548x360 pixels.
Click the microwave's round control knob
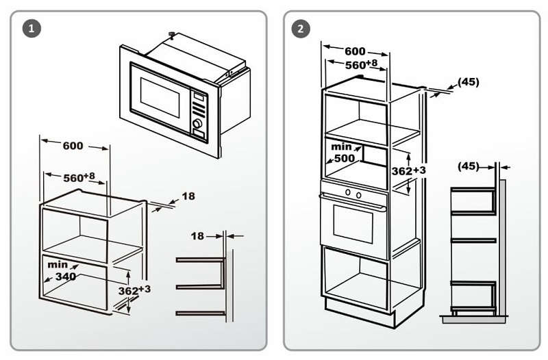tap(198, 124)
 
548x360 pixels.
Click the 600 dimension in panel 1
tap(73, 145)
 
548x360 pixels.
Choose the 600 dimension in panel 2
tap(354, 51)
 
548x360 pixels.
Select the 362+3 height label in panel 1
tap(134, 290)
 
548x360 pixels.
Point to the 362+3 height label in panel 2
tap(410, 170)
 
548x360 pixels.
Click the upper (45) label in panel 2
tap(468, 81)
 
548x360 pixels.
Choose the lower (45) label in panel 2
tap(467, 166)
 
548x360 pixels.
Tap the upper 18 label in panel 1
tap(188, 196)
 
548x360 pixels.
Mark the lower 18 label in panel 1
tap(197, 235)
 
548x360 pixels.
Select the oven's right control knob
tap(358, 194)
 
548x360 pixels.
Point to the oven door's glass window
tap(353, 223)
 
